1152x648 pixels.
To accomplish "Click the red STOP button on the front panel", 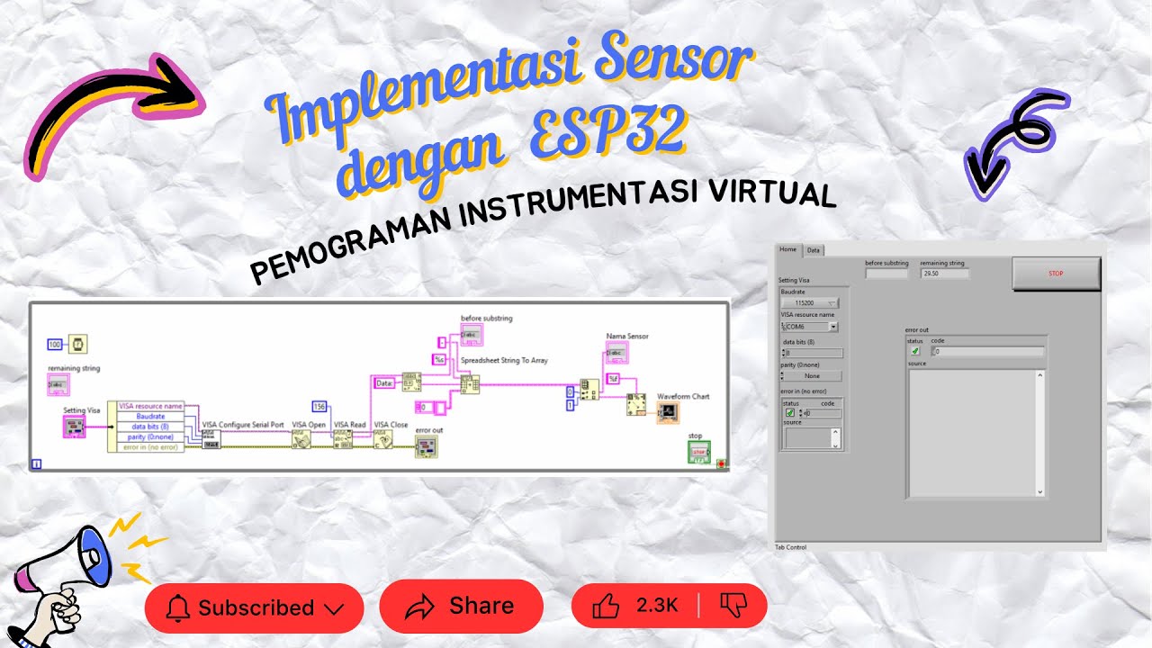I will (1056, 274).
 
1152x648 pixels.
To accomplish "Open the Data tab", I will (813, 250).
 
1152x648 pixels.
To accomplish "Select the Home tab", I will (788, 249).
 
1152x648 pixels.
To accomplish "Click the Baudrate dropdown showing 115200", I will (809, 303).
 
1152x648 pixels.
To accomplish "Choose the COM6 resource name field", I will (809, 327).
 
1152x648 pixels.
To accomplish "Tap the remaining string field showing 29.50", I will (944, 274).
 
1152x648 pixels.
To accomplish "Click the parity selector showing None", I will (813, 376).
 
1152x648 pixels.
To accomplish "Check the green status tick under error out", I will (915, 352).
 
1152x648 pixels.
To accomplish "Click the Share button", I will (461, 607).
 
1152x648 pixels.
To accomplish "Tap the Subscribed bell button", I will (254, 607).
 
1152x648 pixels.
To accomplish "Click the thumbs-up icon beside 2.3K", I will (606, 606).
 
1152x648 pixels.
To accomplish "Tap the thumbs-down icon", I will (734, 606).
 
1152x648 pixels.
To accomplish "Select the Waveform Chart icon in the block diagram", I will (668, 413).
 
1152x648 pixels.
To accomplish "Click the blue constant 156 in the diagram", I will (319, 406).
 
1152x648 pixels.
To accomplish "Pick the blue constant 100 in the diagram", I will (55, 344).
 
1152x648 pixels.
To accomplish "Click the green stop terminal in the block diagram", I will (698, 452).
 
